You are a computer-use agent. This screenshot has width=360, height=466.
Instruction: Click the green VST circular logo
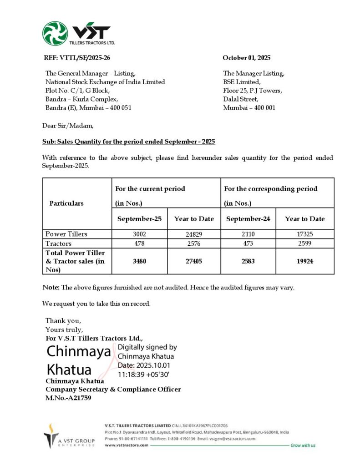(55, 33)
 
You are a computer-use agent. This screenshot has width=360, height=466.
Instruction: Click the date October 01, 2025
(246, 58)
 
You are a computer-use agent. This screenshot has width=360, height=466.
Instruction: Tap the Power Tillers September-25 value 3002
(139, 234)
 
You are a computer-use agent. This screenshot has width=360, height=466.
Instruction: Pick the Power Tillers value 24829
(193, 234)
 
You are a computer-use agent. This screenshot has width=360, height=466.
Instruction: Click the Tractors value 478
(139, 243)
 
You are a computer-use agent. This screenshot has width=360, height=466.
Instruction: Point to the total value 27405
(193, 261)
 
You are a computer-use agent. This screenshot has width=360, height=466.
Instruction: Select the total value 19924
(304, 261)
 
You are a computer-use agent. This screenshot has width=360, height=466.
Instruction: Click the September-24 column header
(248, 219)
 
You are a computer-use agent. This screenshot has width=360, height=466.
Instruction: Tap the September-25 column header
(139, 219)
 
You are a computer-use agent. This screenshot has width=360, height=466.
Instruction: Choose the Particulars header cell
(66, 203)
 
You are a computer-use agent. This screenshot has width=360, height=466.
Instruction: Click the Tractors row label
(59, 243)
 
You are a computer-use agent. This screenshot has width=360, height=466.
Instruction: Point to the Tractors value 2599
(304, 243)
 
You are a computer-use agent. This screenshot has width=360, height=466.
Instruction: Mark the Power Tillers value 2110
(248, 234)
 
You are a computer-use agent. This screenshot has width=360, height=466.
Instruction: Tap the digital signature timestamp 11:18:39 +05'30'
(143, 374)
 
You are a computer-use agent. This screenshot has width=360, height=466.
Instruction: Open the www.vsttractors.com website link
(126, 445)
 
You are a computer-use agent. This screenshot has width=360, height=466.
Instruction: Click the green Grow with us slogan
(303, 445)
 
